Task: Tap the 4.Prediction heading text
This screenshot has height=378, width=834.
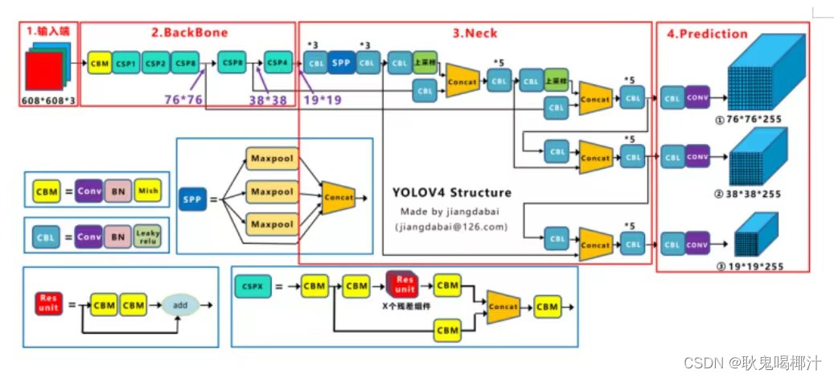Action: [707, 34]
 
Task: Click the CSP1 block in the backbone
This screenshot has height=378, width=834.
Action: [125, 63]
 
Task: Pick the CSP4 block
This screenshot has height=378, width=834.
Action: [278, 62]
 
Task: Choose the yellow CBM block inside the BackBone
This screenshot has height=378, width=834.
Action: [100, 63]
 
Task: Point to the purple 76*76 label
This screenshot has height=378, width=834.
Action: [181, 99]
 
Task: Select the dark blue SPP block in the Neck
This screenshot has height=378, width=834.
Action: [341, 62]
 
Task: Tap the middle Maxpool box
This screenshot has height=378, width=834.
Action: [271, 192]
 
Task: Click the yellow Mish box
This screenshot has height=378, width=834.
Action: [147, 190]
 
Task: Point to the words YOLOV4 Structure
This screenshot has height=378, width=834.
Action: [451, 193]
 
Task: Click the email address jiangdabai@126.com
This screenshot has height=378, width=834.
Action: [451, 227]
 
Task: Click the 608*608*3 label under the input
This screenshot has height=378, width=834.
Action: [48, 101]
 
